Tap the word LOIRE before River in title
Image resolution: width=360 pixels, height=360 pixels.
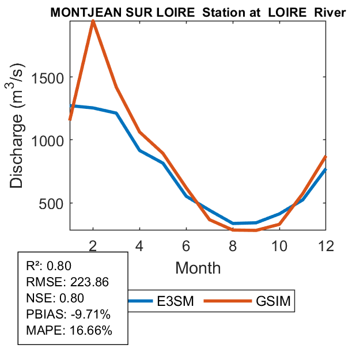(286, 12)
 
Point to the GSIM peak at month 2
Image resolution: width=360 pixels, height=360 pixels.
(93, 21)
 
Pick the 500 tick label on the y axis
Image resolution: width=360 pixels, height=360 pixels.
(52, 203)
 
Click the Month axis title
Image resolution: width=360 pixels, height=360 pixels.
(198, 267)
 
